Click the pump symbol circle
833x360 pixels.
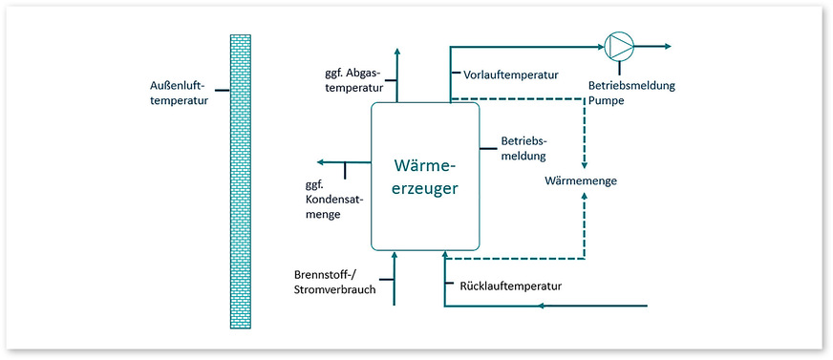[618, 45]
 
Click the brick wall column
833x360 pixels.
[240, 181]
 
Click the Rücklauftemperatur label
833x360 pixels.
[511, 286]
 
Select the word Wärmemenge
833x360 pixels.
[580, 180]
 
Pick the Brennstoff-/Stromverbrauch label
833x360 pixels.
[334, 282]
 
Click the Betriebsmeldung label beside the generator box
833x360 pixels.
[523, 148]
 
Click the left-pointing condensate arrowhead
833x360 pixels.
[321, 163]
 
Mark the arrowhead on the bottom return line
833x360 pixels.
[542, 307]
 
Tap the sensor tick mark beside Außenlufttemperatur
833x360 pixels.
[222, 91]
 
